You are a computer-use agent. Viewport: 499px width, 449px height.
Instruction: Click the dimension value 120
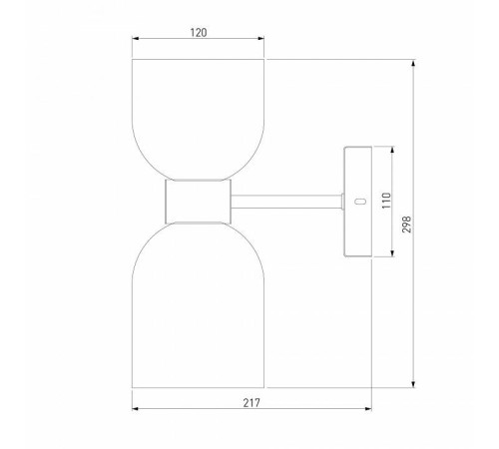[x=199, y=33]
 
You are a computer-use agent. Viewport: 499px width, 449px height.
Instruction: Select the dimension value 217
[x=251, y=403]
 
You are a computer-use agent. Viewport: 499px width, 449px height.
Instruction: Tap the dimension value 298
[x=407, y=224]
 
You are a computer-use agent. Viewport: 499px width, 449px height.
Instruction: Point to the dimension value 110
[x=386, y=201]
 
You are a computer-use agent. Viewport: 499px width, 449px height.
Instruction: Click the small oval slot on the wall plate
[x=360, y=201]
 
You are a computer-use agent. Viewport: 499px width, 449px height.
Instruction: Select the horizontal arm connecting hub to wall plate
[x=286, y=202]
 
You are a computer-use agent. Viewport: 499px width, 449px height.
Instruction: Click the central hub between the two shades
[x=198, y=202]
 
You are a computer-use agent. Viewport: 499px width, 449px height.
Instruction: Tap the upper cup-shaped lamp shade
[x=198, y=120]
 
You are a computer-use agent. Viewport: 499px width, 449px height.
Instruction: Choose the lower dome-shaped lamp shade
[x=198, y=304]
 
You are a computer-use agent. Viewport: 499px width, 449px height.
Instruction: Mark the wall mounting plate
[x=357, y=202]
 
